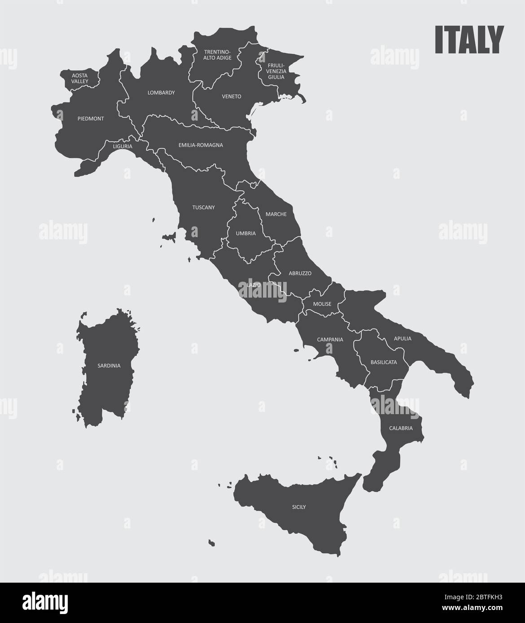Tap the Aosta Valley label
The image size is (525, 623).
coord(79,78)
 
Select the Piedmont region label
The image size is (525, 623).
coord(90,119)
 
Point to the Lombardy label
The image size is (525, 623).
coord(161,93)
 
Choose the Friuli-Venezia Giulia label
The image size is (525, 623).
coord(276,70)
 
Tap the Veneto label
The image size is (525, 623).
coord(232,96)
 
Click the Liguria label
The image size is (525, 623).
coord(122,146)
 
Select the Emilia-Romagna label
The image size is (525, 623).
coord(201,145)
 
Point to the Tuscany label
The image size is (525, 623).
coord(203,208)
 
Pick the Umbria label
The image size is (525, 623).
coord(246,234)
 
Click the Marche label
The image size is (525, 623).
coord(276,214)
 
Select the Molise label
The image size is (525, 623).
coord(322,304)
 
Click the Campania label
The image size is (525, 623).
coord(330,340)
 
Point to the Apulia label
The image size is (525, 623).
coord(402,338)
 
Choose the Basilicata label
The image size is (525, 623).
coord(384,362)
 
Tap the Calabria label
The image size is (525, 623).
coord(401,428)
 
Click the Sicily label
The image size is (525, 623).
coord(298,507)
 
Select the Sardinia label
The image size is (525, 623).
coord(109,366)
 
